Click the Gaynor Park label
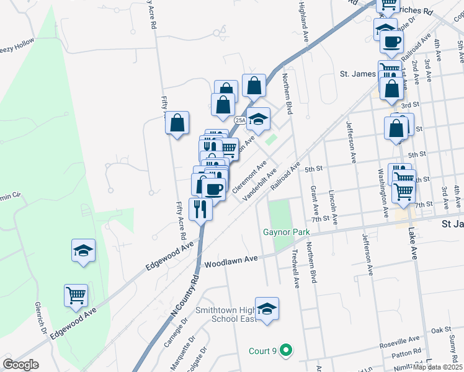(x=285, y=232)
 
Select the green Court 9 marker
(x=285, y=351)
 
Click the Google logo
(x=20, y=365)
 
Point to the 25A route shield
(x=241, y=120)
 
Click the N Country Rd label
(x=185, y=297)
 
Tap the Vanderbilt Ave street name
(x=259, y=185)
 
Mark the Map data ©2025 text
(x=437, y=366)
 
